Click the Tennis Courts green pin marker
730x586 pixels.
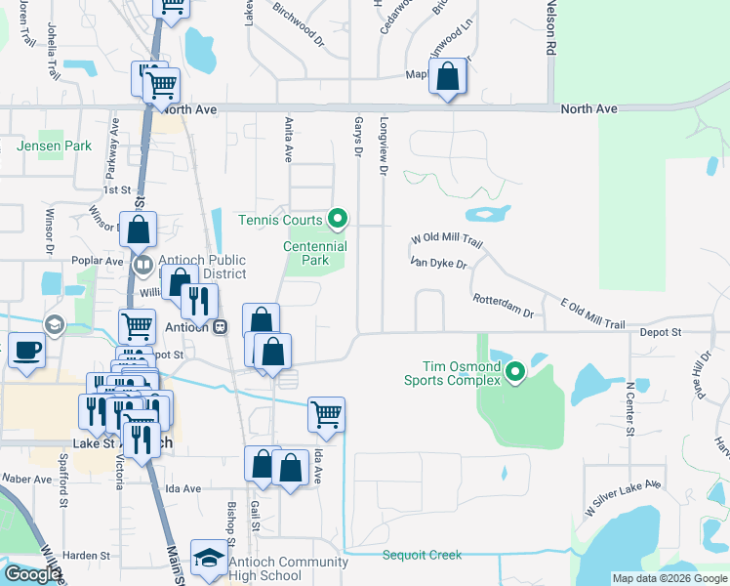(338, 219)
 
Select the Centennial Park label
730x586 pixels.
(315, 254)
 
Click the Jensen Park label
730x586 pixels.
(55, 146)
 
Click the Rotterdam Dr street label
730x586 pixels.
(503, 306)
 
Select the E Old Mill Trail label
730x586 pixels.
(591, 313)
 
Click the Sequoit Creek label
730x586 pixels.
(421, 555)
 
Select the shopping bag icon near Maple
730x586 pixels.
(447, 78)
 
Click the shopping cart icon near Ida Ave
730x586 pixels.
(326, 413)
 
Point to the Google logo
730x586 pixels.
(33, 574)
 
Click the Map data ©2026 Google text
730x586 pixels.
(669, 578)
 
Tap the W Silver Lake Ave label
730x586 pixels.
(623, 498)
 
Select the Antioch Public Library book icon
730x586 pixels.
(143, 263)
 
